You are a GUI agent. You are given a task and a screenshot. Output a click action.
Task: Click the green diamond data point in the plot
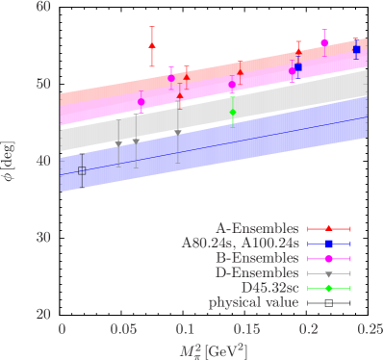(x=232, y=113)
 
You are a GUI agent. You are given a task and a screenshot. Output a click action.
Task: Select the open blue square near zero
(x=82, y=170)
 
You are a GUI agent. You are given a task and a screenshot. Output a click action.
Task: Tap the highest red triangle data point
(x=152, y=45)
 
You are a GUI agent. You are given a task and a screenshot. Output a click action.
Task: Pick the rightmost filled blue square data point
(x=356, y=49)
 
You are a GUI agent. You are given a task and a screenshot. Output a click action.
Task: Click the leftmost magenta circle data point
(x=141, y=101)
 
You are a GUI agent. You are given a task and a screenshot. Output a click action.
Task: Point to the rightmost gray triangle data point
(x=178, y=132)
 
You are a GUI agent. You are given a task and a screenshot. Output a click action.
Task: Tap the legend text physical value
(x=253, y=304)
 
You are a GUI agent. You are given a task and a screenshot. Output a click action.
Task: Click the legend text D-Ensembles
(x=259, y=273)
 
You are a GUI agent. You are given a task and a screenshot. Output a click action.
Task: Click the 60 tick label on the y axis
(x=43, y=7)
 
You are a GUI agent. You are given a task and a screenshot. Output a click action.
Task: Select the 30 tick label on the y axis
(x=43, y=237)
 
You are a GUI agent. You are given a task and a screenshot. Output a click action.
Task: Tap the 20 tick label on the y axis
(x=43, y=314)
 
